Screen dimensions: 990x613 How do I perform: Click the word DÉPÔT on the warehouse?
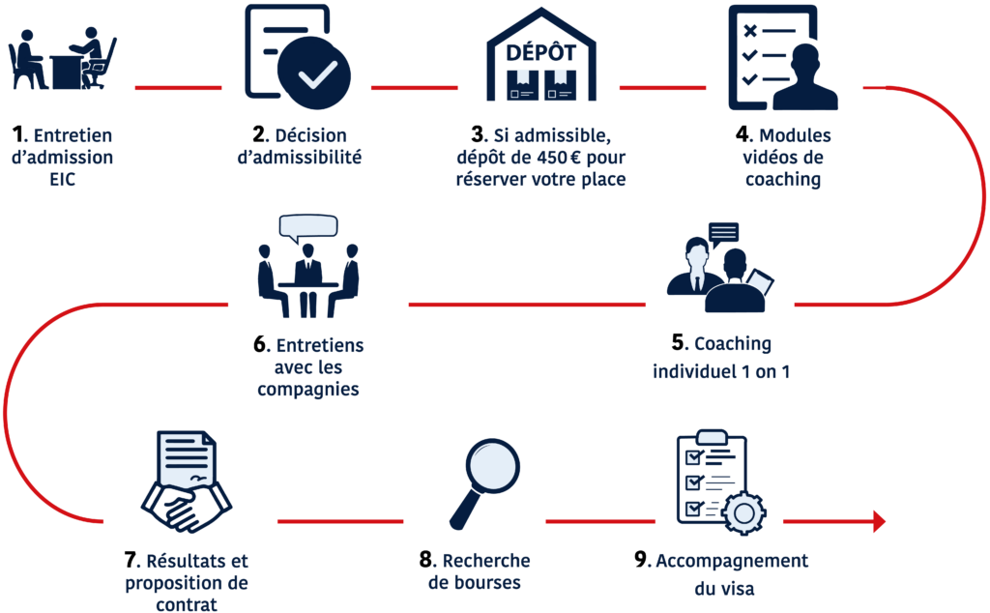pos(541,52)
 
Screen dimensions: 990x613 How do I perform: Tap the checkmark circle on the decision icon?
pos(314,73)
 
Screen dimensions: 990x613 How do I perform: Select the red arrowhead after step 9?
pos(880,521)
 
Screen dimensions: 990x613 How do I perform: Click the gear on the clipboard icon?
pos(743,513)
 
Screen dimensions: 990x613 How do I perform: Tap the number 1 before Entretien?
pos(19,134)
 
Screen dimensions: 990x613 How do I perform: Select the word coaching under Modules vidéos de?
pos(783,180)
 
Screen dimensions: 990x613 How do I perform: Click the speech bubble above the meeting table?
pos(308,228)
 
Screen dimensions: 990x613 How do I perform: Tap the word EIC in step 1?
pos(63,179)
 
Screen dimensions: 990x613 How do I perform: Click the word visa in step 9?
pos(739,589)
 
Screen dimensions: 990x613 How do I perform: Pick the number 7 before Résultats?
pos(131,560)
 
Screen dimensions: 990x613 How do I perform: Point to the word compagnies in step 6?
pos(308,391)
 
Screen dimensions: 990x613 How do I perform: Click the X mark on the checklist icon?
pos(749,30)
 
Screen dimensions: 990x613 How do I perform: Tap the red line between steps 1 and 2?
pos(178,88)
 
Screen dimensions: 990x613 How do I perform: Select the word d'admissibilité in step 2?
pos(300,158)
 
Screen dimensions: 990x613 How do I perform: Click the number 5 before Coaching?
pos(679,343)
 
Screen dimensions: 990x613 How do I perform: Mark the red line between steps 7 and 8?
pos(340,521)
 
